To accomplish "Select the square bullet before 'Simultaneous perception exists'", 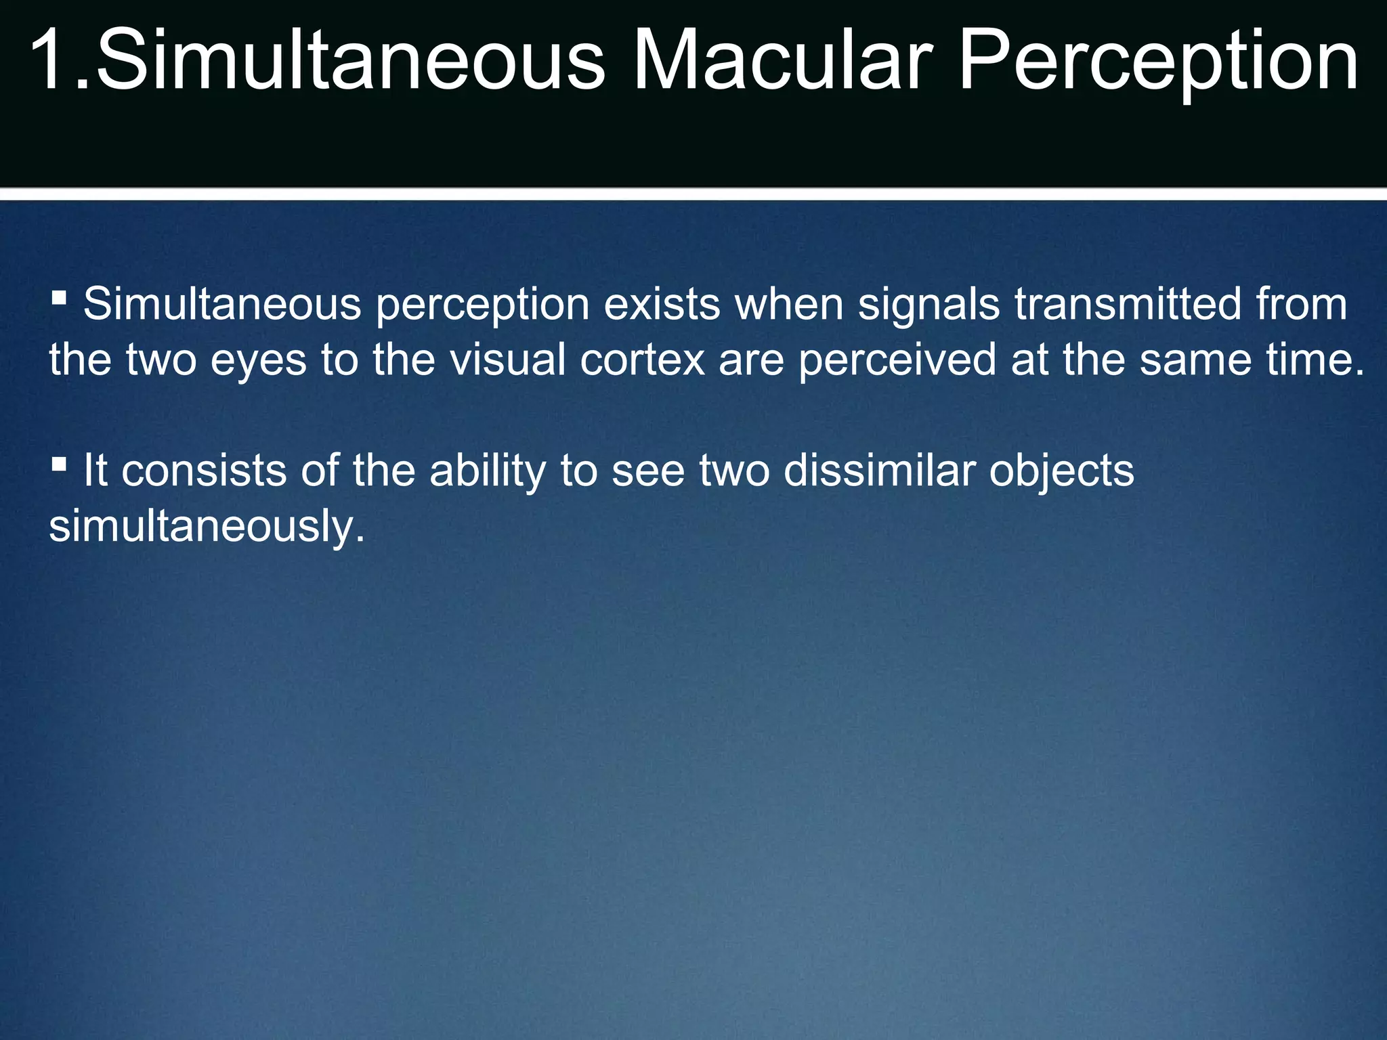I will pos(59,297).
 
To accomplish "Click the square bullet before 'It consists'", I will pos(59,464).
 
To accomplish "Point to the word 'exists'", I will pos(662,304).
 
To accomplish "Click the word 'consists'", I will pos(205,471).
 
